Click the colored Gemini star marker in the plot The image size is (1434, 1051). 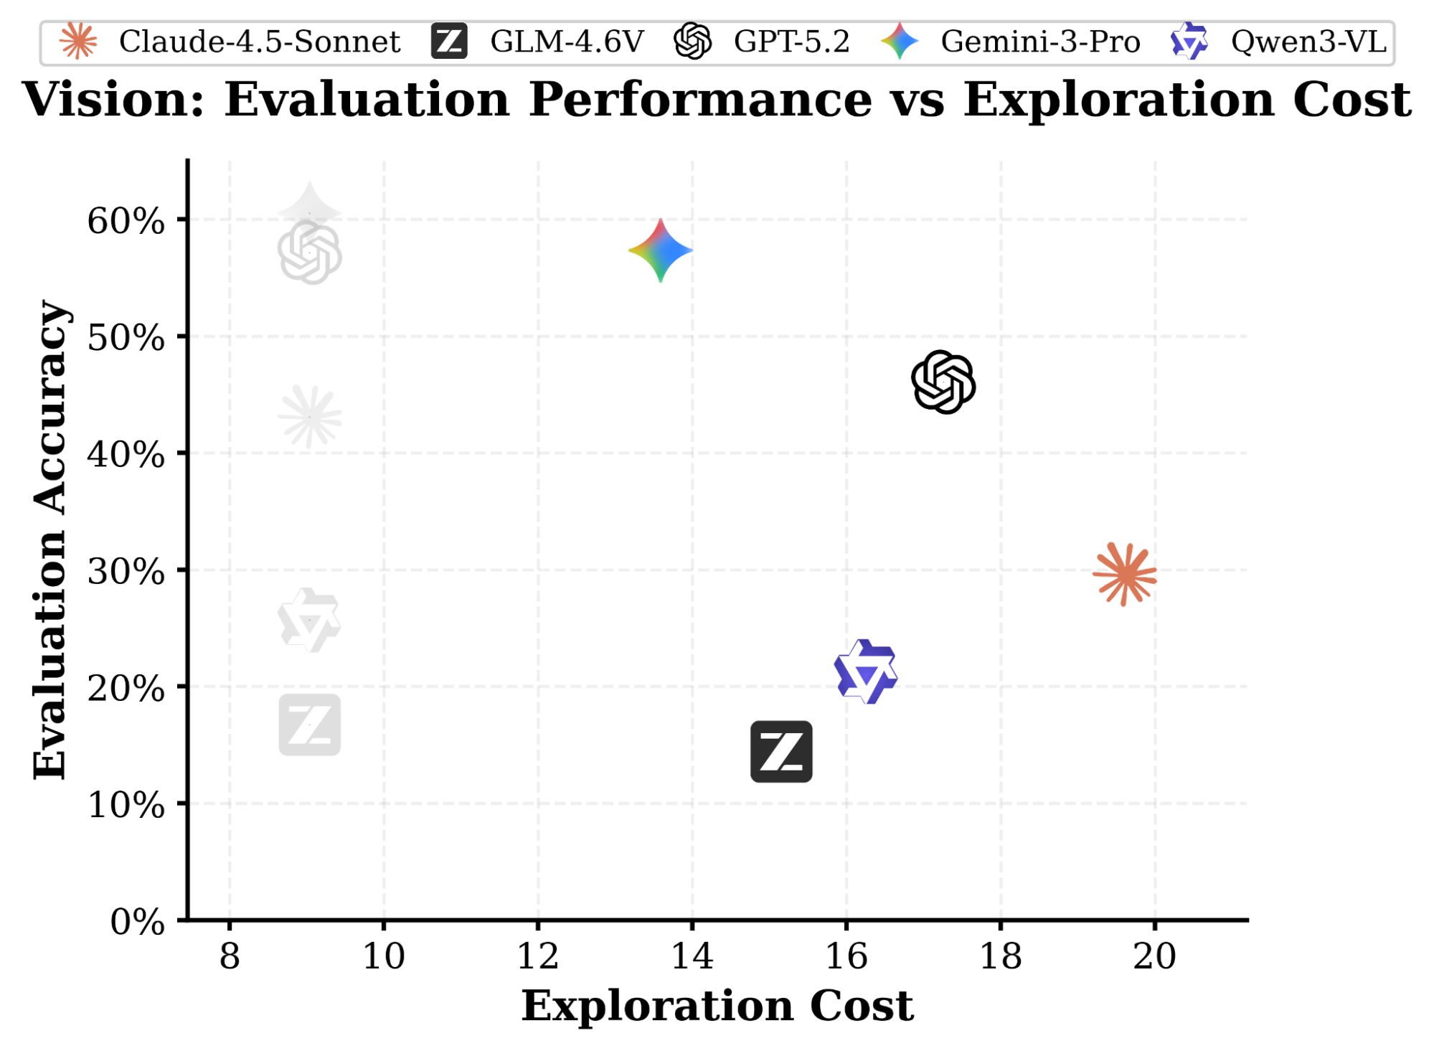click(661, 250)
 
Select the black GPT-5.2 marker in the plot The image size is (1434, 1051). click(943, 382)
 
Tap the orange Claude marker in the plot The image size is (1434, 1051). click(1125, 574)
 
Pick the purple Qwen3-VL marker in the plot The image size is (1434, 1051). click(867, 672)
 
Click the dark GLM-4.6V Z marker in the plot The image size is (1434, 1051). click(781, 752)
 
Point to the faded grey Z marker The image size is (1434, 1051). click(309, 725)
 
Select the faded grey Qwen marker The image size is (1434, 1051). click(309, 621)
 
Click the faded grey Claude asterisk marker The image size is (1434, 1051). click(309, 417)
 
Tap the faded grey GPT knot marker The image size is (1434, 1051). click(309, 253)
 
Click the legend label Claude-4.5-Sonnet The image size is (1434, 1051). click(259, 42)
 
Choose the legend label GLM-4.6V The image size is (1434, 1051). click(567, 42)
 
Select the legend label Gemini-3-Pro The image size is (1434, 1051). click(1040, 42)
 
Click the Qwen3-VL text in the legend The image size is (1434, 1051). click(1308, 42)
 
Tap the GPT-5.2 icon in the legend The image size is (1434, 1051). click(693, 41)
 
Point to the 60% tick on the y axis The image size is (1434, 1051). click(126, 221)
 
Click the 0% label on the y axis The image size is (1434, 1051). click(137, 922)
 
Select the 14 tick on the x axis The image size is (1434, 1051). click(692, 956)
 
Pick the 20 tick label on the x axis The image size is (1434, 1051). click(1155, 956)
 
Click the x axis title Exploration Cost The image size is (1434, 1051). click(717, 1006)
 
